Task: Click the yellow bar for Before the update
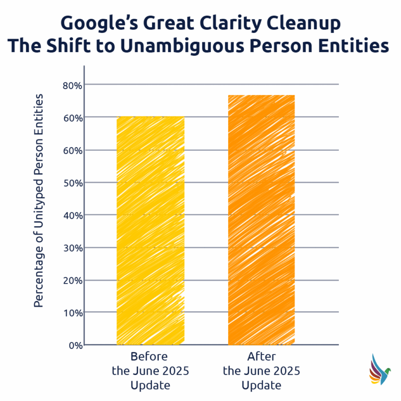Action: click(150, 230)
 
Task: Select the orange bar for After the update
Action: click(262, 219)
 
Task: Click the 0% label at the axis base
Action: click(74, 345)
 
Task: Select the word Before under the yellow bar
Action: click(150, 358)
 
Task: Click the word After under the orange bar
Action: click(262, 358)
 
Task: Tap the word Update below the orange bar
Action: click(262, 386)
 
